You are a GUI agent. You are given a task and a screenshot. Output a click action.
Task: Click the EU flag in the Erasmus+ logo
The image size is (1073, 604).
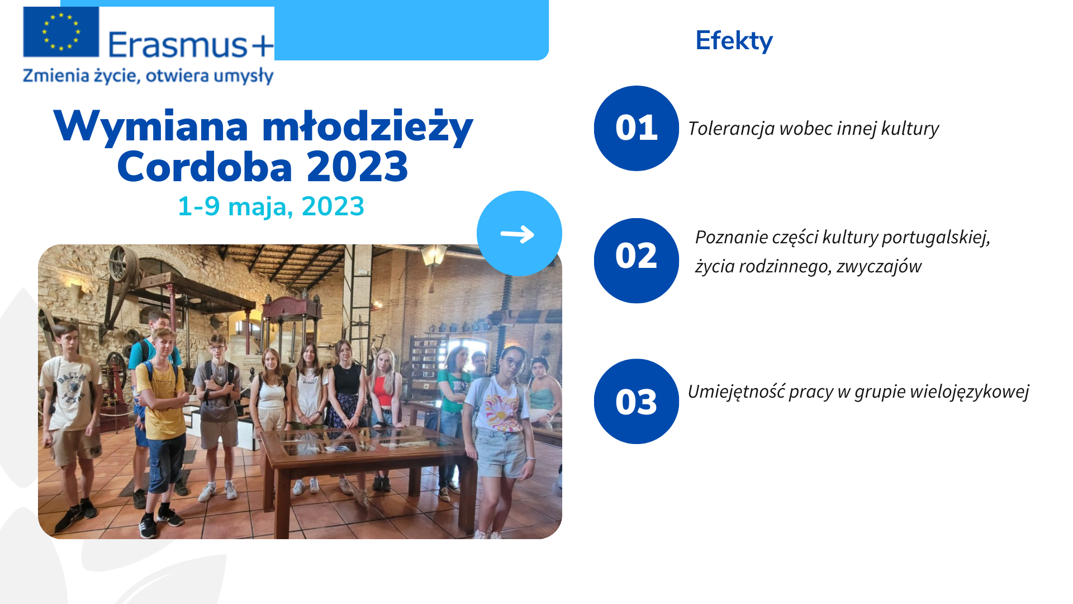click(x=61, y=32)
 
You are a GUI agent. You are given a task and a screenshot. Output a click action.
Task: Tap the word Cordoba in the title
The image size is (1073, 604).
click(x=205, y=167)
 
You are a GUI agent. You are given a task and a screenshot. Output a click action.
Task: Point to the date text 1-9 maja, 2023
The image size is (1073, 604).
click(x=271, y=206)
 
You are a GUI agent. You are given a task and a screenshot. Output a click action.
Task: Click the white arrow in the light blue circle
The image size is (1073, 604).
click(x=517, y=234)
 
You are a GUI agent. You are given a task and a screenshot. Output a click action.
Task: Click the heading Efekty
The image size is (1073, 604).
click(x=734, y=41)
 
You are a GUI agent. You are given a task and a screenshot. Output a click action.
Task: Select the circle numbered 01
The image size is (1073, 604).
click(x=637, y=128)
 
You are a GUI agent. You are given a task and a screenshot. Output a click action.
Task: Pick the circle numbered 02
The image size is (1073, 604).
click(x=637, y=261)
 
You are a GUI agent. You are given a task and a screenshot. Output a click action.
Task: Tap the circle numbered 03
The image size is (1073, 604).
click(x=637, y=402)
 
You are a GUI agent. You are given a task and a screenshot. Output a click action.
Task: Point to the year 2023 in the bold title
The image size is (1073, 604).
click(x=358, y=167)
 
